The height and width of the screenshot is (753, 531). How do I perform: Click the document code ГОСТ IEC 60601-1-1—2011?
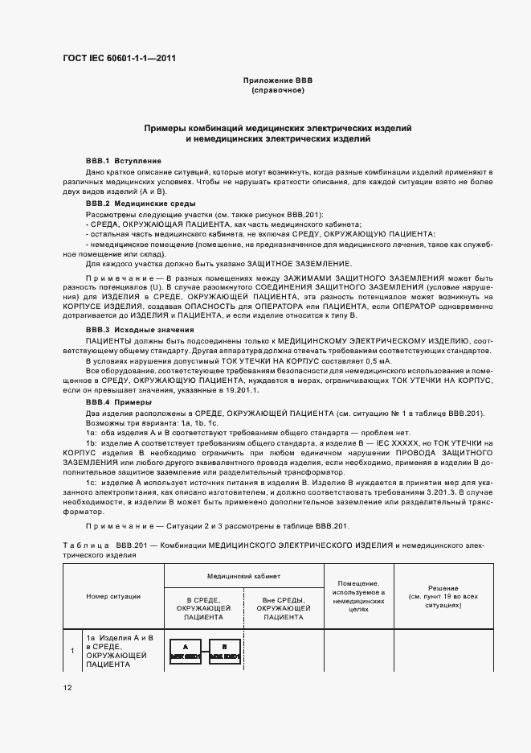click(x=118, y=59)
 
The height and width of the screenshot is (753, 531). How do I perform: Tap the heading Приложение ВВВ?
click(x=277, y=81)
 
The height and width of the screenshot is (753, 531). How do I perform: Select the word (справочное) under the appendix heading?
click(x=277, y=91)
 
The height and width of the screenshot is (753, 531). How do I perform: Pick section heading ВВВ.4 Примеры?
click(x=119, y=401)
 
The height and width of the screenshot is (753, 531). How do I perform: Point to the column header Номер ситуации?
click(x=113, y=596)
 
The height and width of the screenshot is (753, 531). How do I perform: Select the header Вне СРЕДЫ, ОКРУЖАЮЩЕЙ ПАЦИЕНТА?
click(x=283, y=610)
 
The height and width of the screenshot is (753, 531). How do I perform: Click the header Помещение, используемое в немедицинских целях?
click(x=360, y=596)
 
